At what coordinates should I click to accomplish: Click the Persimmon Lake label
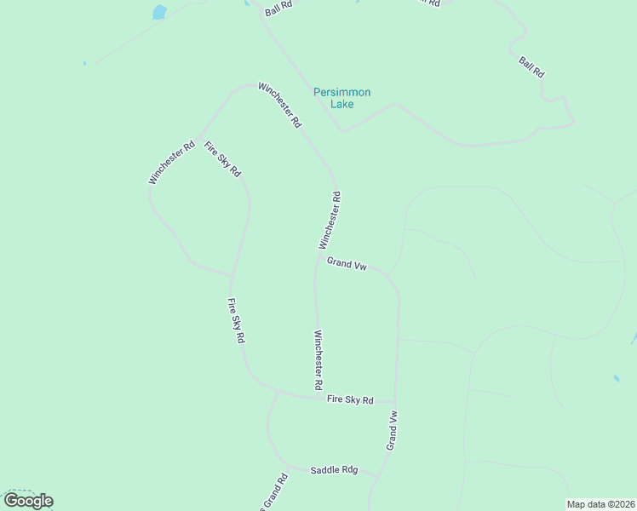click(x=341, y=98)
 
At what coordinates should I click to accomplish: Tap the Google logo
click(x=28, y=501)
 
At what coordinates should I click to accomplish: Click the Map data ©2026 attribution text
click(x=601, y=504)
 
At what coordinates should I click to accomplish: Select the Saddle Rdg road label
click(x=334, y=470)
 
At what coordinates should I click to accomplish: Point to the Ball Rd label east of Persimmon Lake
click(x=531, y=67)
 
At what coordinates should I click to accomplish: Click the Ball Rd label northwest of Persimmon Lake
click(x=278, y=10)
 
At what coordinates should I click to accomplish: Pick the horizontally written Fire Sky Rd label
click(x=350, y=399)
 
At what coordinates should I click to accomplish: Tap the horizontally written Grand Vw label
click(x=347, y=265)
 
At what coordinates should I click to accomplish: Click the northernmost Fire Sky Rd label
click(x=222, y=159)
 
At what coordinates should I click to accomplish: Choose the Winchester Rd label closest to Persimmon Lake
click(x=280, y=105)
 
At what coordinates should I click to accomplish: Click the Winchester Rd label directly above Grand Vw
click(x=330, y=220)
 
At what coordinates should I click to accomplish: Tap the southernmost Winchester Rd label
click(x=318, y=359)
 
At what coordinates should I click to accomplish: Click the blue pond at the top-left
click(x=158, y=12)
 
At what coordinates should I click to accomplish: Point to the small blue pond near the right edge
click(x=616, y=377)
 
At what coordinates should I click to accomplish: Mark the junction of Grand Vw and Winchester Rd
click(x=318, y=255)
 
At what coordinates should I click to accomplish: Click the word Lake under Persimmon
click(x=342, y=105)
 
